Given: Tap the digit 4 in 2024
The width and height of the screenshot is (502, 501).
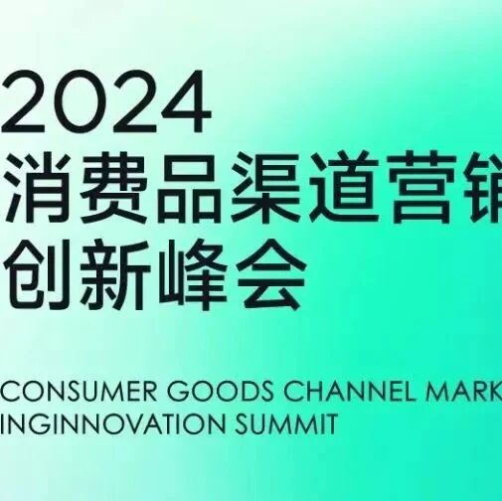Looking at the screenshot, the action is click(186, 101).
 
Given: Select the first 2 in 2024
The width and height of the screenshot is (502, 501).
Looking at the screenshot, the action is click(23, 100).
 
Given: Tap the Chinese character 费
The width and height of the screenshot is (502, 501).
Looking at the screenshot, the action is click(114, 187).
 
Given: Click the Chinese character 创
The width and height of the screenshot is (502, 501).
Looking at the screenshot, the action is click(38, 274).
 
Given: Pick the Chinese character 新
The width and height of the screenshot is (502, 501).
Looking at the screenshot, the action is click(114, 274).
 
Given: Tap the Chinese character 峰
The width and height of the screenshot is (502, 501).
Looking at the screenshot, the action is click(192, 274).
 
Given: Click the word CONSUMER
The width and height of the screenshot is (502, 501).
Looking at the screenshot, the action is click(79, 392).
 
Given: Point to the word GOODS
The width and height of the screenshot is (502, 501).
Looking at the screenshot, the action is click(220, 392).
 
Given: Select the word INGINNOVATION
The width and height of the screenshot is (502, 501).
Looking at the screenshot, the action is click(113, 423).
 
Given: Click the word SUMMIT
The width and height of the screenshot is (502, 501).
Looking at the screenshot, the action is click(286, 423).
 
